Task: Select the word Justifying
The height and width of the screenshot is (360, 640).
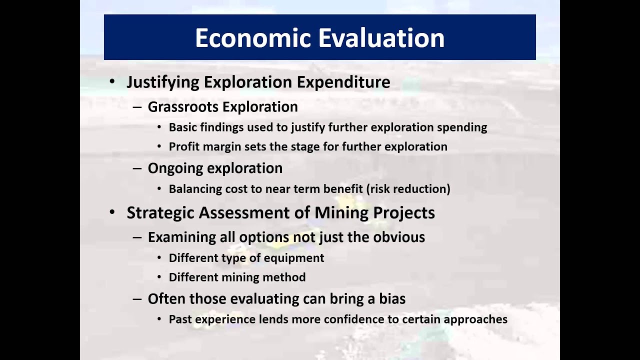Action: [x=162, y=82]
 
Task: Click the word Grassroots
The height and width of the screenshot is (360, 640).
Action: [x=183, y=107]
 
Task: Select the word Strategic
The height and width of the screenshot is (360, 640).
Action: [x=160, y=212]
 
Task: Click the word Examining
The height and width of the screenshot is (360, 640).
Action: [x=181, y=237]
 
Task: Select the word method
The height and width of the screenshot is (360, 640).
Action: [x=288, y=277]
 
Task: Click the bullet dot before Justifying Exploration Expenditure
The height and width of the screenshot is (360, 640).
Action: [x=112, y=82]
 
